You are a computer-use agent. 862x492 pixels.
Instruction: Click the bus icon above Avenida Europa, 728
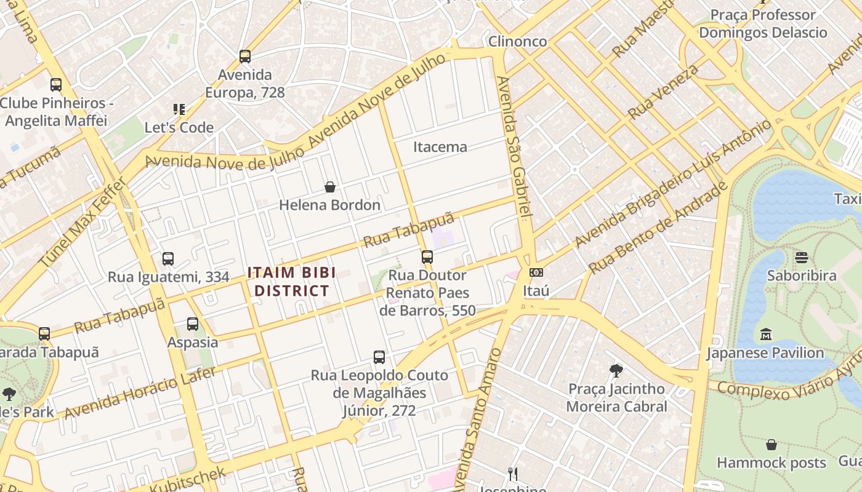coord(245,57)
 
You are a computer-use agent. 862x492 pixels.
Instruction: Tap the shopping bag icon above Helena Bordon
coord(330,187)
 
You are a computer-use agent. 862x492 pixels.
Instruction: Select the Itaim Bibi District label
coord(292,282)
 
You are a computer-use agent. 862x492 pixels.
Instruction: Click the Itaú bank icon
coord(536,272)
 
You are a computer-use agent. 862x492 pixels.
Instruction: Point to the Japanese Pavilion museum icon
coord(765,335)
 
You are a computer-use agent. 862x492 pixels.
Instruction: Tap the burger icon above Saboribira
coord(801,257)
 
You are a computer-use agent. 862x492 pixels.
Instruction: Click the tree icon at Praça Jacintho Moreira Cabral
coord(616,370)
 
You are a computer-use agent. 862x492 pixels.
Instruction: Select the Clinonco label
coord(517,41)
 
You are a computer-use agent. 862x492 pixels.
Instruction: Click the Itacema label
coord(440,147)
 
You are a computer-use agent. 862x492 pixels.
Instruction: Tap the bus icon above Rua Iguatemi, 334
coord(168,259)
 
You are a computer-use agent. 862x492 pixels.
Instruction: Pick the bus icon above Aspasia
coord(193,323)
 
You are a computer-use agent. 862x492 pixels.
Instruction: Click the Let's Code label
coord(179,128)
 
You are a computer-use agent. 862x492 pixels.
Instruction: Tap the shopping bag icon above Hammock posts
coord(771,445)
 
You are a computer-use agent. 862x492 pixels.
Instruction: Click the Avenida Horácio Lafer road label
coord(140,393)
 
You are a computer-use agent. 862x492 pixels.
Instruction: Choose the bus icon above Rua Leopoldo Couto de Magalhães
coord(379,357)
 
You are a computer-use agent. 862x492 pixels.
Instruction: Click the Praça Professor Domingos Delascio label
coord(763,23)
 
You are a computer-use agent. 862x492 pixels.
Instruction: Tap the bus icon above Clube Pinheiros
coord(56,85)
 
